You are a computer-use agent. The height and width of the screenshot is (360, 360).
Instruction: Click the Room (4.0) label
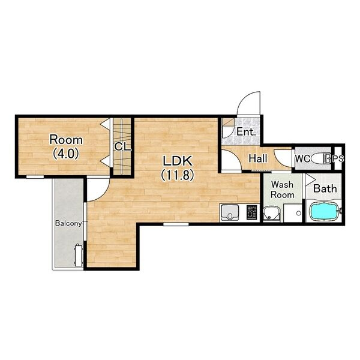(x=66, y=147)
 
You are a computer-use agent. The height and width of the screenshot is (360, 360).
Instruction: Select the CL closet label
(x=122, y=147)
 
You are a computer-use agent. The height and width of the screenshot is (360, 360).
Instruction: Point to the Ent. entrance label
(x=246, y=132)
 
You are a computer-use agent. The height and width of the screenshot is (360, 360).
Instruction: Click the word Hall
(x=258, y=158)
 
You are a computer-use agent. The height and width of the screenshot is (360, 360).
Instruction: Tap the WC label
(x=302, y=158)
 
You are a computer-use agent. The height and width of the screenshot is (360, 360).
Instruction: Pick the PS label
(x=338, y=158)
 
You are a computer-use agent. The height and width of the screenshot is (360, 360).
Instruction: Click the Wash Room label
(x=283, y=190)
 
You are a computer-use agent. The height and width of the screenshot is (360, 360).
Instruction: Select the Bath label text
(x=325, y=189)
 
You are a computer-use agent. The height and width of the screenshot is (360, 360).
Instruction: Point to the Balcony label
(x=68, y=223)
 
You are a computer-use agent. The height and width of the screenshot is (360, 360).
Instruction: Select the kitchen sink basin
(x=229, y=212)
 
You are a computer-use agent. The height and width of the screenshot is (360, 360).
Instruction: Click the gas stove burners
(x=252, y=212)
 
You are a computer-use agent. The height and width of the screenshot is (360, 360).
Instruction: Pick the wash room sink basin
(x=271, y=214)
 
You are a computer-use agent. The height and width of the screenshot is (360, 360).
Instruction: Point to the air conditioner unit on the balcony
(x=78, y=256)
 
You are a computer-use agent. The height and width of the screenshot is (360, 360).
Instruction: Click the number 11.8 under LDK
(x=177, y=175)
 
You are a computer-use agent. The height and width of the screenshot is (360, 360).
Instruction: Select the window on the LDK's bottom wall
(x=176, y=224)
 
